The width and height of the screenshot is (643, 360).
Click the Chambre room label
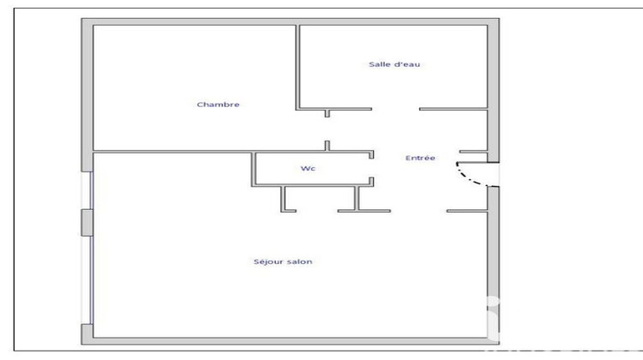[x=218, y=105]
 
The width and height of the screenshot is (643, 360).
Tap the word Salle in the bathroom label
[x=378, y=64]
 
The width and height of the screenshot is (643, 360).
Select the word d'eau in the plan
[x=406, y=64]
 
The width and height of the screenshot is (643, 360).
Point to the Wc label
[x=308, y=169]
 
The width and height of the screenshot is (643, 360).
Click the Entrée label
[x=420, y=158]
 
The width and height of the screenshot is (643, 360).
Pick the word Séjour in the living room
[x=267, y=261]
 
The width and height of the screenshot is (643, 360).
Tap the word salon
[x=299, y=261]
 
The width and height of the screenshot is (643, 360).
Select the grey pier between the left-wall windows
[x=87, y=221]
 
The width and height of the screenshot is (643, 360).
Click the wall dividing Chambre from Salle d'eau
[x=297, y=67]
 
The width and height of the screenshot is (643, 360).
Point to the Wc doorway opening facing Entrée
[x=371, y=167]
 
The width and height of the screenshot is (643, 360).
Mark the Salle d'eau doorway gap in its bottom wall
[x=394, y=110]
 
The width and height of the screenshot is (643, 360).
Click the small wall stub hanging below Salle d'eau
[x=327, y=114]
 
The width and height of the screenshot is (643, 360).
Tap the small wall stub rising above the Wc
[x=327, y=145]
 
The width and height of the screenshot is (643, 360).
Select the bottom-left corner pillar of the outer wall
[x=87, y=334]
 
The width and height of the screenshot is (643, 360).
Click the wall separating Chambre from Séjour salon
[x=171, y=153]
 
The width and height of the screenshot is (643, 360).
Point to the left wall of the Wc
[x=253, y=169]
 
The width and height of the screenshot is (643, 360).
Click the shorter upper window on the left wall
[x=90, y=189]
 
